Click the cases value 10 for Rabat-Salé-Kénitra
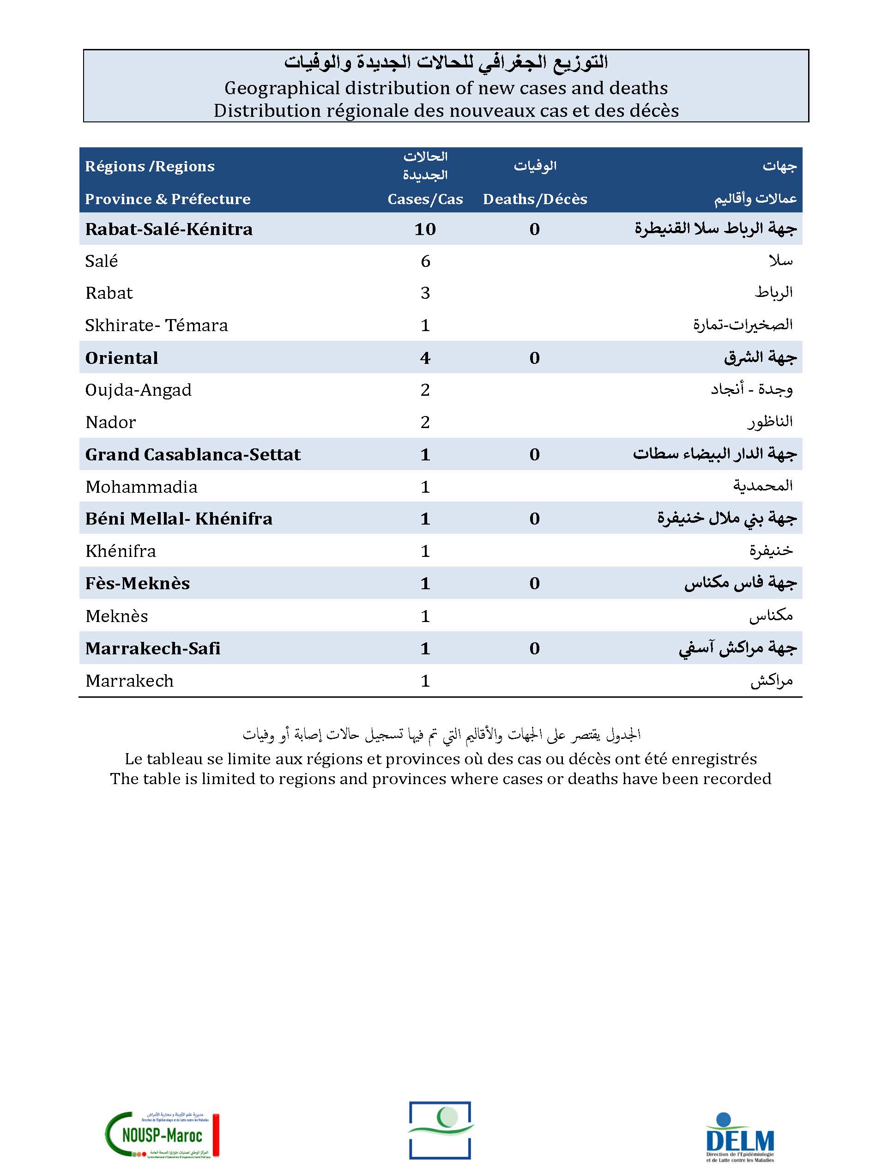(425, 229)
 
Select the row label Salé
(101, 261)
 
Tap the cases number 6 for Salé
(425, 261)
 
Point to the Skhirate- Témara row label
(156, 325)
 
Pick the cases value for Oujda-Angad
(425, 390)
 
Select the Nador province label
(111, 422)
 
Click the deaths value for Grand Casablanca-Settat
(534, 454)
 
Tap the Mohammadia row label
(141, 487)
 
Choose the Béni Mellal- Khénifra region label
(179, 519)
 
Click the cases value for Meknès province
(425, 616)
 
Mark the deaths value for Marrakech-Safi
(534, 648)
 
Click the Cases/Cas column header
(425, 199)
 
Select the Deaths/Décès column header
(534, 199)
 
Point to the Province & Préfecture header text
(167, 199)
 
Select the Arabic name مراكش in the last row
(771, 681)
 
